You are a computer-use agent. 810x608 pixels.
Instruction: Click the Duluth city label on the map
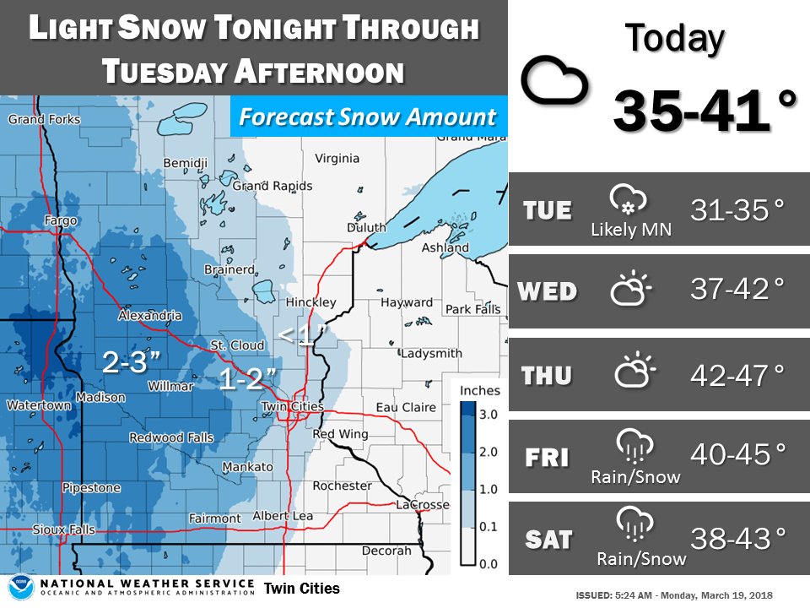(x=366, y=228)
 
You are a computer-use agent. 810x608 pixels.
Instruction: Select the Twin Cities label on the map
(x=291, y=406)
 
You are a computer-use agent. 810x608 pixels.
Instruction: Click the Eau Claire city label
(x=406, y=407)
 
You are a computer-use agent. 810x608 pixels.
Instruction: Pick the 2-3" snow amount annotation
(x=131, y=363)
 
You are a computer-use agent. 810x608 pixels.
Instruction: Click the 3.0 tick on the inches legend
(x=488, y=414)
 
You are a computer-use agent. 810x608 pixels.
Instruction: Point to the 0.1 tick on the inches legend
(x=488, y=526)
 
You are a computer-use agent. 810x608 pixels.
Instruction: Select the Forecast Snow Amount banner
(x=367, y=117)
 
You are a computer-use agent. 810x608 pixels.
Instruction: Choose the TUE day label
(x=547, y=210)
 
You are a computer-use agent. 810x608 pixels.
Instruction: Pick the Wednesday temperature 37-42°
(x=737, y=290)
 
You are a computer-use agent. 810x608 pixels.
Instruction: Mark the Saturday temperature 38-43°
(x=737, y=537)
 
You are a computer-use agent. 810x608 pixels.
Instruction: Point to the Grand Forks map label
(x=44, y=119)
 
